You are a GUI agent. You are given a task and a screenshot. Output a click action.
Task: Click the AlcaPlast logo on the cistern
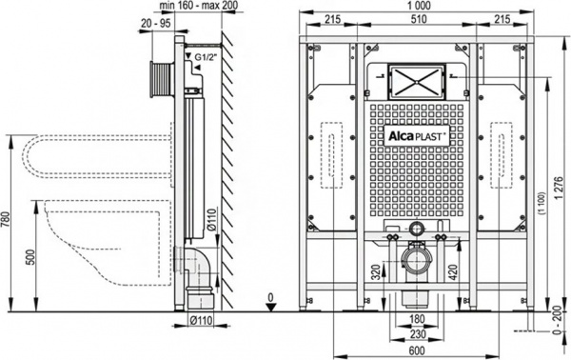coord(412,135)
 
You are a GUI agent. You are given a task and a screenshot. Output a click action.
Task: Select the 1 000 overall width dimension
coord(412,7)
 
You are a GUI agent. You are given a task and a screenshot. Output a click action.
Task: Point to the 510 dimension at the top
coord(412,20)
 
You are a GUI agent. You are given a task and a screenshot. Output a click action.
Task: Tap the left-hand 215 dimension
coord(332,20)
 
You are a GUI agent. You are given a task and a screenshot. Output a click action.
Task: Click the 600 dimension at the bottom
coord(412,350)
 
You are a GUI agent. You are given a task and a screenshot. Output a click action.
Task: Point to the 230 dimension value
coord(412,333)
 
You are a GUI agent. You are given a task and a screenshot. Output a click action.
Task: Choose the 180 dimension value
coord(412,319)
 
